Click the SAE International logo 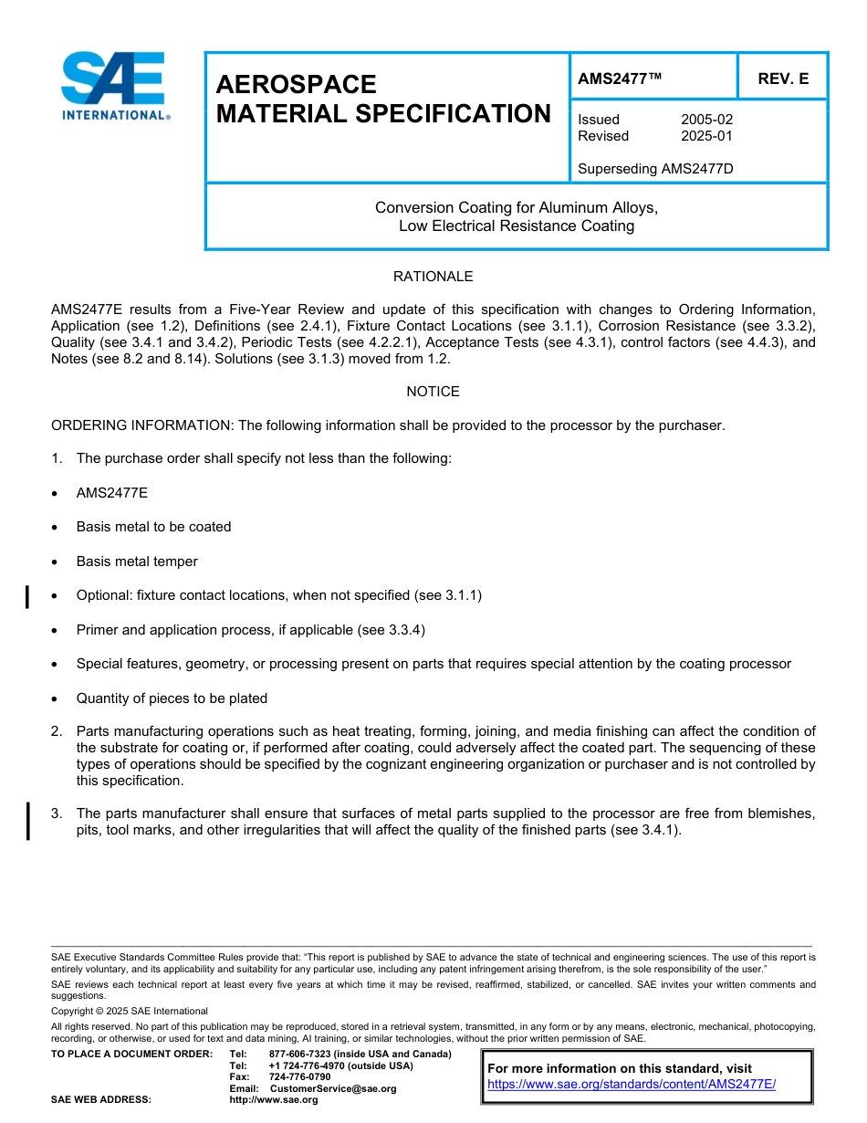[x=115, y=86]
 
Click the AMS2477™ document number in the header [x=620, y=79]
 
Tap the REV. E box [x=783, y=79]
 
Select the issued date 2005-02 [x=706, y=120]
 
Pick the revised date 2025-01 [x=706, y=136]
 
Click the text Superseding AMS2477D [x=655, y=169]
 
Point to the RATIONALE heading [x=433, y=277]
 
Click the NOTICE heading [x=433, y=392]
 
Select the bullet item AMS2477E [x=111, y=493]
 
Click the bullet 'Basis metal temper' [x=137, y=561]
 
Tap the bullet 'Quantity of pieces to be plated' [x=172, y=698]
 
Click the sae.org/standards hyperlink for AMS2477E [x=632, y=1084]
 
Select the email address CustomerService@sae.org [x=333, y=1088]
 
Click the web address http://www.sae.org [x=274, y=1100]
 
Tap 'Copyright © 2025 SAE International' [x=130, y=1011]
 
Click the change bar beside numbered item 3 [x=27, y=820]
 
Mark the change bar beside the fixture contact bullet [x=27, y=597]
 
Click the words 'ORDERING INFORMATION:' [x=142, y=425]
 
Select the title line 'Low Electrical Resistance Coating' [x=516, y=226]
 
